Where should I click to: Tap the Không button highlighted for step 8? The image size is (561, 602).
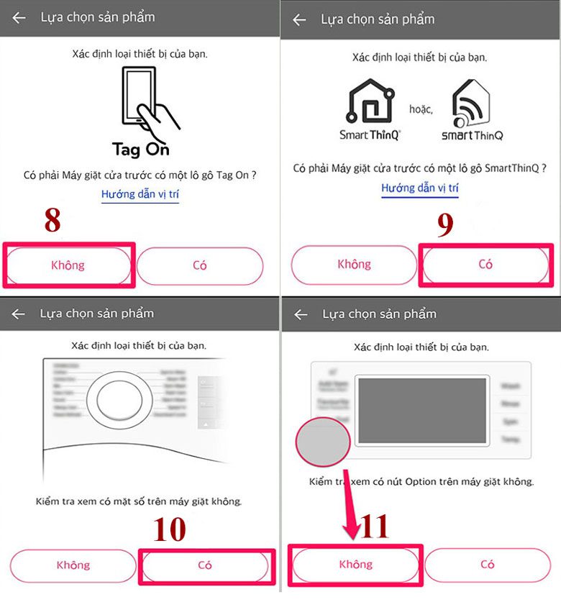[x=68, y=265]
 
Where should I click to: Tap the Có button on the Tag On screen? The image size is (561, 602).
[x=200, y=265]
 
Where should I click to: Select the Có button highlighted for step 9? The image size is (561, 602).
[x=485, y=265]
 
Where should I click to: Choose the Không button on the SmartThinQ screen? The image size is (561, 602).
[x=353, y=265]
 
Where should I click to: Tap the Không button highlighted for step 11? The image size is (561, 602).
[x=355, y=564]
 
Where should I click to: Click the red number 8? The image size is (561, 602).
[x=53, y=221]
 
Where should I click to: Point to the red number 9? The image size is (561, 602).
[x=445, y=225]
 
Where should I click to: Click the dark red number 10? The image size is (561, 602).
[x=170, y=529]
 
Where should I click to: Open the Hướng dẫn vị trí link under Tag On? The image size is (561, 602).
[x=140, y=194]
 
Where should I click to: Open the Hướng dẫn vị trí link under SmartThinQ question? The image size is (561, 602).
[x=420, y=188]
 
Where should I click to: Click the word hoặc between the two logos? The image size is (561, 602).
[x=421, y=109]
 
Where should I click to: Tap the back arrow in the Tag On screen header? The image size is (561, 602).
[x=19, y=17]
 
